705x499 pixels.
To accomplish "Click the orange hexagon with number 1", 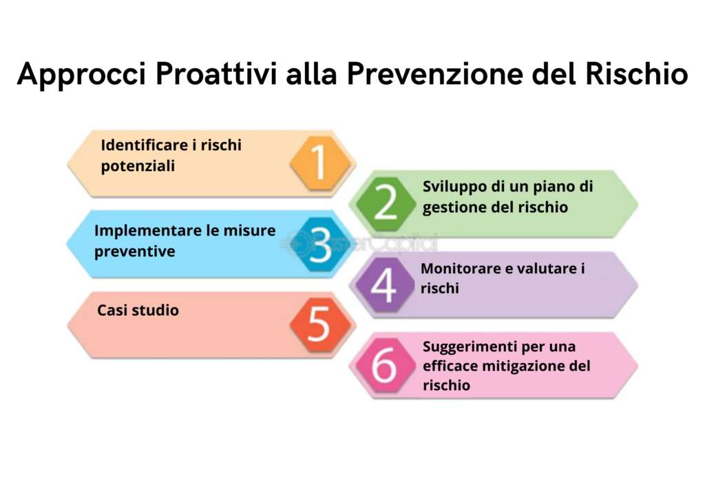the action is pos(321,163).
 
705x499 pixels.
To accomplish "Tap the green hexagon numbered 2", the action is pos(386,203).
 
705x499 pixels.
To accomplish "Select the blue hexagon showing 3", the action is pos(321,244).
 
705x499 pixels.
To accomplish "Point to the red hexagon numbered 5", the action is pos(321,325).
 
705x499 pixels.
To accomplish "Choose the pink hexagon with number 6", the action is pos(385,365).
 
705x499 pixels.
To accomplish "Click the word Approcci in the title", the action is pos(82,74).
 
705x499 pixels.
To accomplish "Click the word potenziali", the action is pos(138,167).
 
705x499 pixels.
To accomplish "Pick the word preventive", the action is pos(134,252).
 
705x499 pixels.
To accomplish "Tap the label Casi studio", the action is pos(138,310).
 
